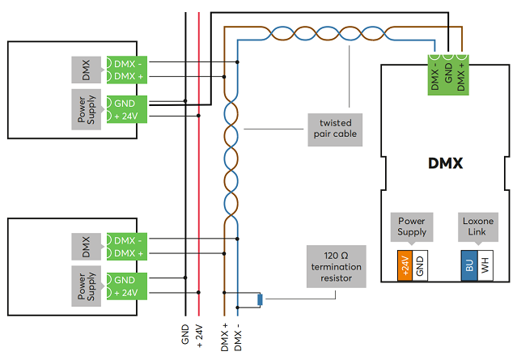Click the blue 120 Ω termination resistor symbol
coord(260,300)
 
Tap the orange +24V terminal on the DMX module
coord(405,265)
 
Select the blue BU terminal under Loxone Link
coord(469,265)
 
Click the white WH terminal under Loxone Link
coord(485,265)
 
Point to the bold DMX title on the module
coord(445,163)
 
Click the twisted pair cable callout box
coord(335,130)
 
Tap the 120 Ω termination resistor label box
coord(337,266)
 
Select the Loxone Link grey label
coord(478,227)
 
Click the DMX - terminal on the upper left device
coord(127,64)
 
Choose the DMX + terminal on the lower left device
coord(127,253)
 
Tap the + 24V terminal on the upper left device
coord(127,116)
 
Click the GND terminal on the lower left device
coord(127,280)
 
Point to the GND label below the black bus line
coord(185,334)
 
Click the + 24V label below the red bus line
coord(199,337)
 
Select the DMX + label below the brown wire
coord(225,337)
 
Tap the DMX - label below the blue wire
coord(238,337)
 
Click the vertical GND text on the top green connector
coord(448,73)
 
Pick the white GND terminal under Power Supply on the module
coord(420,265)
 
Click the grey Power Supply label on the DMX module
coord(412,227)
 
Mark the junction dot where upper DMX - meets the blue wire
coord(237,62)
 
